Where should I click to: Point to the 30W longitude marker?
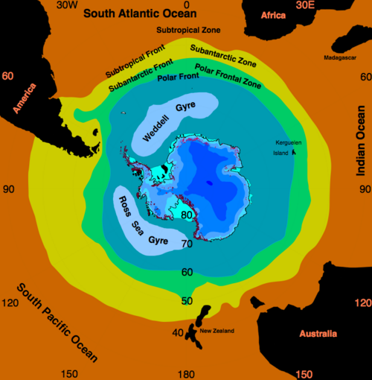67,5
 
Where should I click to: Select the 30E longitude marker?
305,5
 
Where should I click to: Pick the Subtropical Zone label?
187,29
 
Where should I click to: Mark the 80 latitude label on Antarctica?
187,216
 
